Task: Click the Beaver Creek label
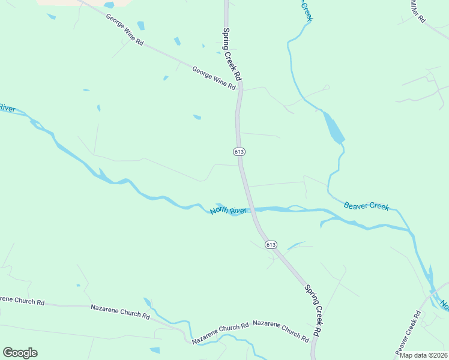(x=366, y=206)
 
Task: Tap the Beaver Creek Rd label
(x=407, y=332)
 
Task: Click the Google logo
(x=20, y=353)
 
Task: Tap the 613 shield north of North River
(x=240, y=152)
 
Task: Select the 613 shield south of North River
(x=271, y=244)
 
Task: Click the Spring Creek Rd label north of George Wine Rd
(x=232, y=54)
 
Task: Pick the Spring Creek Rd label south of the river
(x=313, y=310)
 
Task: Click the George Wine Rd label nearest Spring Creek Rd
(x=214, y=78)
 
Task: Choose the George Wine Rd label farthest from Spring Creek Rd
(x=125, y=31)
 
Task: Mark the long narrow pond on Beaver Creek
(x=334, y=128)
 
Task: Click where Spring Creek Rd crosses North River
(x=250, y=209)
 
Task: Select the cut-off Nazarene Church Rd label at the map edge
(x=22, y=301)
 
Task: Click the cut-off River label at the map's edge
(x=7, y=108)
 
